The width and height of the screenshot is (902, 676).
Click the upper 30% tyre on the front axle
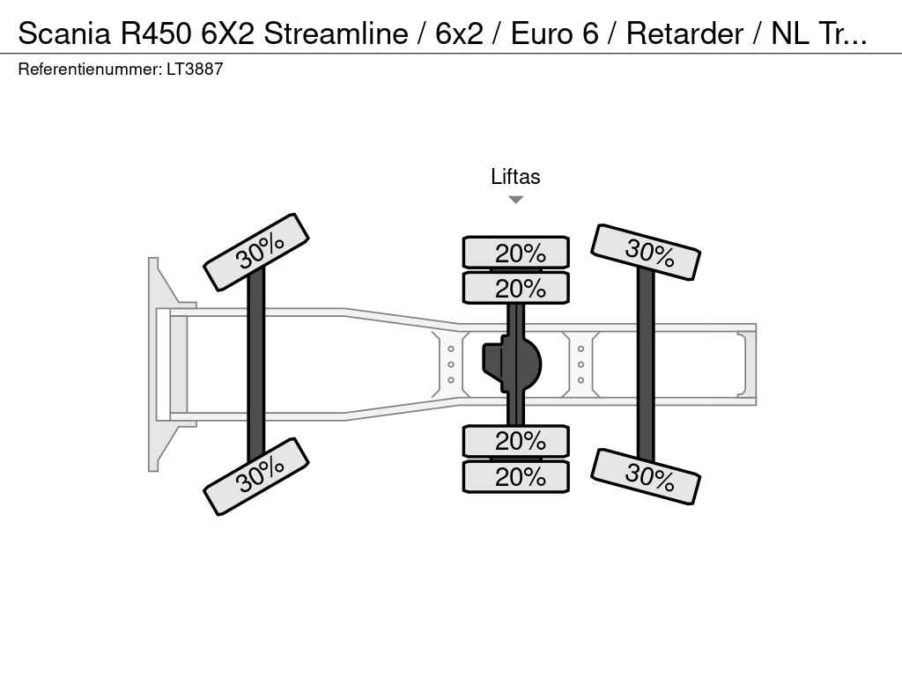pos(256,252)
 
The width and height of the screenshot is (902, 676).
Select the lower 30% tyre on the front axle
pos(256,476)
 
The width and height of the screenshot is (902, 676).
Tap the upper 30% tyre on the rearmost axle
pos(646,252)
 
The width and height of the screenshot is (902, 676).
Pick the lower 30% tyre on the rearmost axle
pos(646,476)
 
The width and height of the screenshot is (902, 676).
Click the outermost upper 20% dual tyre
pos(516,252)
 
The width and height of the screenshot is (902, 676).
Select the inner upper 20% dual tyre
pos(516,288)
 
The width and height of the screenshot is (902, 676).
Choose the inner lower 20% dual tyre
pos(516,441)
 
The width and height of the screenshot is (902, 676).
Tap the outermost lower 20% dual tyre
pos(516,476)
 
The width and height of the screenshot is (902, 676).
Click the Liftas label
pos(515,176)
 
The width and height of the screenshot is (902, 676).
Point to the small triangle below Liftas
pos(516,200)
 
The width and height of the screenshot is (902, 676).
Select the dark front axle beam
pos(256,364)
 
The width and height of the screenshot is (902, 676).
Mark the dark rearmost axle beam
pos(646,364)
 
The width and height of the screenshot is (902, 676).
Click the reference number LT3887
pos(195,69)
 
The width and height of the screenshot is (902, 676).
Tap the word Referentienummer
pos(90,69)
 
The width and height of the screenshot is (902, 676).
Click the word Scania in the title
pos(64,33)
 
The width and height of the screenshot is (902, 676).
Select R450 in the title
pos(155,33)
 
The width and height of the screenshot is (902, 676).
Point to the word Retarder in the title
pos(684,33)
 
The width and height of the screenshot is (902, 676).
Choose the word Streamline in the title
pos(336,33)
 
